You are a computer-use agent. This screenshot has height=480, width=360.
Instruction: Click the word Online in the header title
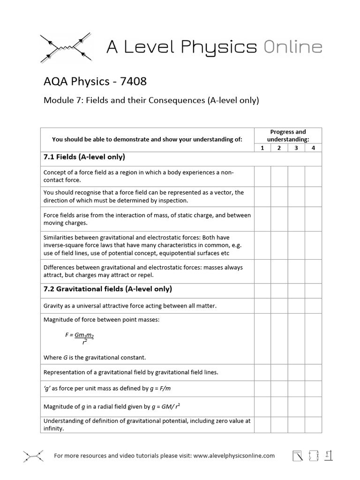[x=292, y=47]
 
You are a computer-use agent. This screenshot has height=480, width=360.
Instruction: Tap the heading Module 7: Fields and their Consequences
[x=151, y=100]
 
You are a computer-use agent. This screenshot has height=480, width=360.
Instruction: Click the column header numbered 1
[x=262, y=148]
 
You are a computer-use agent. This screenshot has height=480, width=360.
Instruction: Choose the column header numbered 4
[x=313, y=148]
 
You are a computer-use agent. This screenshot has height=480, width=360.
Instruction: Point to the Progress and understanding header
[x=288, y=136]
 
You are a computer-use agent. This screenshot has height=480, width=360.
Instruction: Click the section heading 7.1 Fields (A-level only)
[x=84, y=157]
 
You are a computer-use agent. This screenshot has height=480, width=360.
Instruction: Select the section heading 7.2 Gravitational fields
[x=107, y=289]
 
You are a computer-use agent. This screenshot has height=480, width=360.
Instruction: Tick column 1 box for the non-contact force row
[x=262, y=176]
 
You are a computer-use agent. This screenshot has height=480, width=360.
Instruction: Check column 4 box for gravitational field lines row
[x=313, y=373]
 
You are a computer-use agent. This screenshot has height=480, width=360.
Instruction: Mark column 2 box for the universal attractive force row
[x=279, y=306]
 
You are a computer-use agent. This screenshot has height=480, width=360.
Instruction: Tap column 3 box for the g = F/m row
[x=296, y=389]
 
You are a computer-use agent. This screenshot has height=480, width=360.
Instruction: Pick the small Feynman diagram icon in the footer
[x=33, y=455]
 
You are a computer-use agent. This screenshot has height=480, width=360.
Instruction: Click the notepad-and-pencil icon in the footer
[x=297, y=456]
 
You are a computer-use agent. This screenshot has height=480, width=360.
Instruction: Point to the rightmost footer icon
[x=329, y=455]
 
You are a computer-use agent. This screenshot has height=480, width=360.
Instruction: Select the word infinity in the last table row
[x=53, y=428]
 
